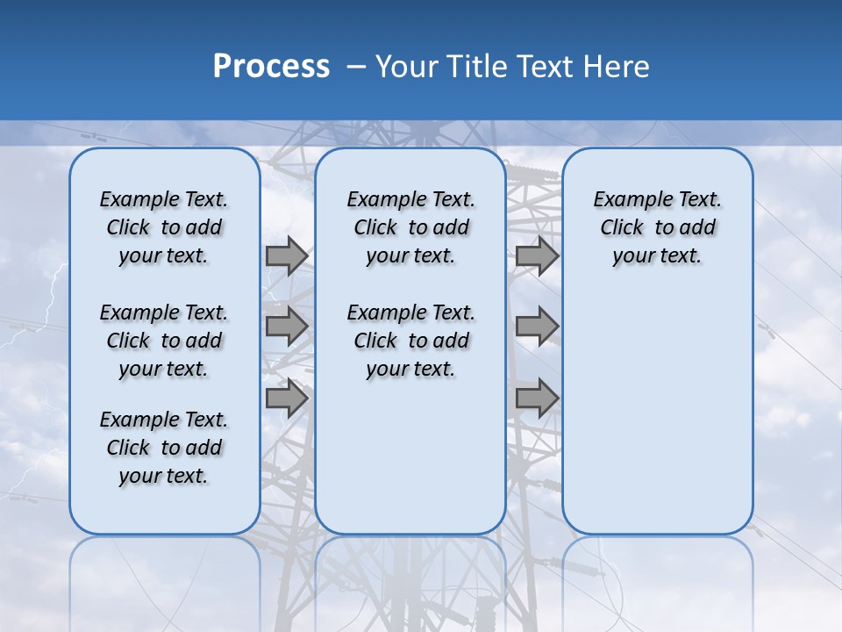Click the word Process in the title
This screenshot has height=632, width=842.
271,66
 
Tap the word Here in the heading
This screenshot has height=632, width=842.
618,67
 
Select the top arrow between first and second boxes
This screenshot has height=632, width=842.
287,256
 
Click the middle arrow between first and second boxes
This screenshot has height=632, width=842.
287,327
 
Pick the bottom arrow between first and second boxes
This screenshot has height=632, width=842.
287,399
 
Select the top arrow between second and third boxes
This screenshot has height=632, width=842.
537,256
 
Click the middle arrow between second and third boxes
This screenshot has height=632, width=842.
537,327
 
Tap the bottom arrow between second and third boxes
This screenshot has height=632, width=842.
537,399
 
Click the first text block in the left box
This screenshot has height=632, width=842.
164,227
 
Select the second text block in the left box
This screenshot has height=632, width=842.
164,341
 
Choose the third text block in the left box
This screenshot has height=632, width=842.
164,448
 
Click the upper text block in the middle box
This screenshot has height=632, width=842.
410,227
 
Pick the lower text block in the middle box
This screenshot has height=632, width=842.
410,341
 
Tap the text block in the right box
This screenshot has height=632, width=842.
657,227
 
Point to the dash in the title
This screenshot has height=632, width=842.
357,67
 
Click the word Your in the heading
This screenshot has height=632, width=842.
406,67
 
